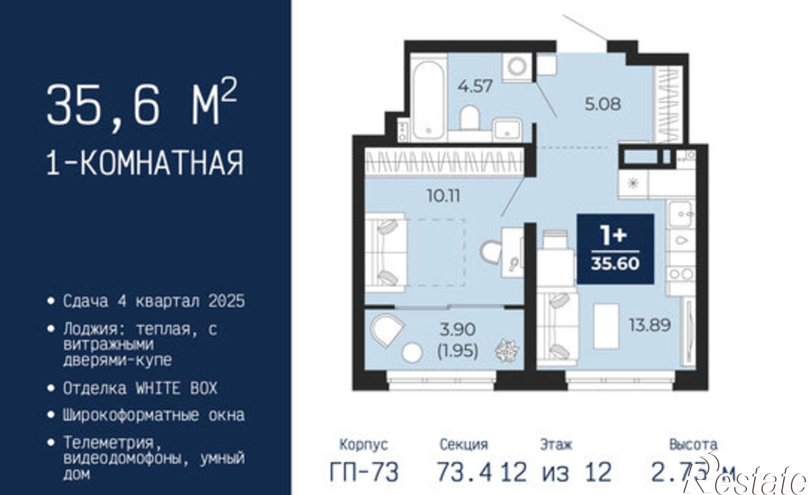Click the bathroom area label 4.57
point(476,86)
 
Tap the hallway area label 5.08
point(603,104)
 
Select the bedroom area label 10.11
point(443,196)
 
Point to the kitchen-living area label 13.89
point(650,325)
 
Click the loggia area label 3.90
point(457,329)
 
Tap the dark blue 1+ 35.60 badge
point(615,248)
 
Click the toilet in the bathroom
point(470,118)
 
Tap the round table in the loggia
point(412,352)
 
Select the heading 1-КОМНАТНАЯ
point(145,163)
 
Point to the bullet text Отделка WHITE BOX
point(140,389)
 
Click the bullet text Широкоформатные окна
point(154,415)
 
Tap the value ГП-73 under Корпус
point(364,472)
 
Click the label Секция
point(464,445)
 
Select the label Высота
point(693,444)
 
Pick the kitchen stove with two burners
point(681,274)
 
